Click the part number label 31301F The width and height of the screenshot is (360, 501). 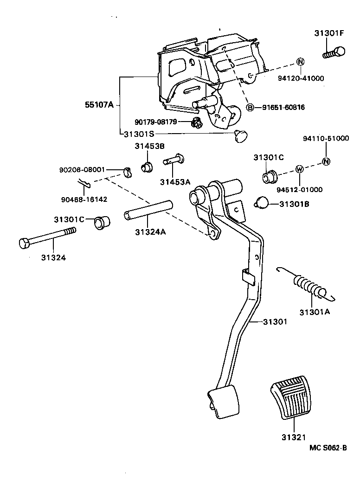tap(328, 33)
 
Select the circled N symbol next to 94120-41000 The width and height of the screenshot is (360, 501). tap(300, 62)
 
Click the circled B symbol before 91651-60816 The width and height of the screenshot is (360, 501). tap(250, 108)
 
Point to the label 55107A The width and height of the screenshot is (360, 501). tap(99, 105)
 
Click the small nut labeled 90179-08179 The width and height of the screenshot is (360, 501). tap(196, 122)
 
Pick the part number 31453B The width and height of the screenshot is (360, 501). tap(150, 146)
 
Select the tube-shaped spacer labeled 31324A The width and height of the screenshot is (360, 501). tap(149, 209)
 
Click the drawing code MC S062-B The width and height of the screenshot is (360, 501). tap(328, 448)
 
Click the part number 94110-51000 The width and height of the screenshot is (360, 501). tap(326, 139)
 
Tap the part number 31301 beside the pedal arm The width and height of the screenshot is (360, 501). tap(275, 321)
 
